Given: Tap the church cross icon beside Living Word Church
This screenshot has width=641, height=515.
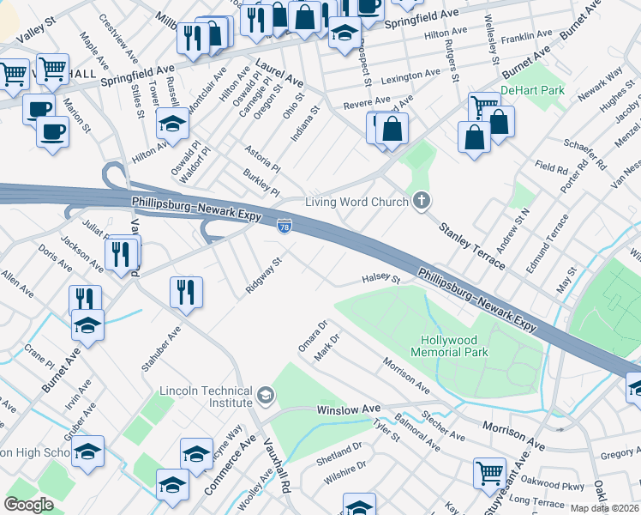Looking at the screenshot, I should coord(421,202).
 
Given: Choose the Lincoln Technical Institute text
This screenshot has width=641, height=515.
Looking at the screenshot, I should coord(206,397).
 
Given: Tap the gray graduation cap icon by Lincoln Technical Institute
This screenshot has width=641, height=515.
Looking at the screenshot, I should coord(266,396).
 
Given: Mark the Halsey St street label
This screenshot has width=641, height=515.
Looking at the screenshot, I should coord(381,278).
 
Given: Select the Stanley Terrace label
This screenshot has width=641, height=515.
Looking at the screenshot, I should coord(471,242).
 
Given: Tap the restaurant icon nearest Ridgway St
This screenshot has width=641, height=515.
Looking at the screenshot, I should coord(185,291).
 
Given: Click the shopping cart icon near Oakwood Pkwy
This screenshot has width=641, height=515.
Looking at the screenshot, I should coord(488,471).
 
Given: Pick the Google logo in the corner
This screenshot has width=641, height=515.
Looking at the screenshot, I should coord(29,504).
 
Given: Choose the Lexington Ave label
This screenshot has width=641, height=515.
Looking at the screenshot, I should coord(410,76).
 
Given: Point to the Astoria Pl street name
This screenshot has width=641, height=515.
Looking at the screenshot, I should coord(263,157).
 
